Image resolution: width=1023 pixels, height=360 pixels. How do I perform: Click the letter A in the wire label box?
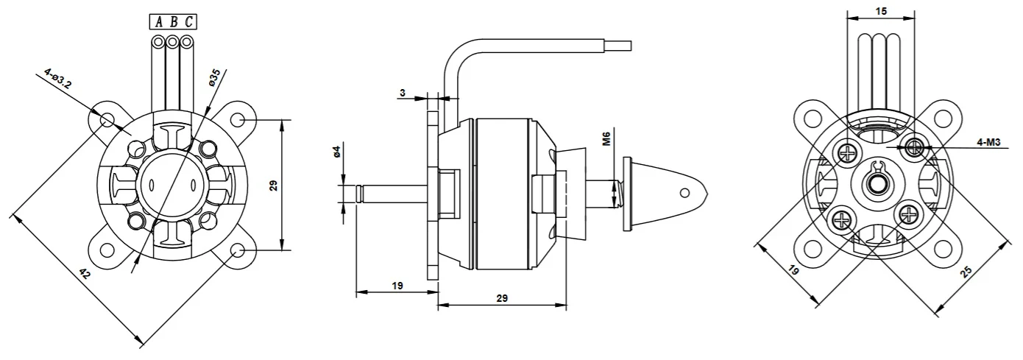[159, 22]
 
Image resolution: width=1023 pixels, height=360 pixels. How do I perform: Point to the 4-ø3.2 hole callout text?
[58, 78]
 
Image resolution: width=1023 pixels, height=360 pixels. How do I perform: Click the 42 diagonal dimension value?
[85, 274]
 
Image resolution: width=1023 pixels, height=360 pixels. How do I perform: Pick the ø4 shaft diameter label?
[337, 151]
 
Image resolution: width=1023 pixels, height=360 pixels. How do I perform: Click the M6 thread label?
[606, 138]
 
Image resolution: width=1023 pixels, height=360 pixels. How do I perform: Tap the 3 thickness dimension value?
[403, 93]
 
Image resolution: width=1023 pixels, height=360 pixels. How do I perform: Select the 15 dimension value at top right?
[881, 10]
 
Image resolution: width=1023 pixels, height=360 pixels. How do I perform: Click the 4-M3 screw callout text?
[988, 142]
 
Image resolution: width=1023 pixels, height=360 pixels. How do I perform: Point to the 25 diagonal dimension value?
[966, 272]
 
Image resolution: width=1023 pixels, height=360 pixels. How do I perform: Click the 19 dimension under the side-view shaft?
[397, 286]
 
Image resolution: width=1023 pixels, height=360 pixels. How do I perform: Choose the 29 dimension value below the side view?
[502, 298]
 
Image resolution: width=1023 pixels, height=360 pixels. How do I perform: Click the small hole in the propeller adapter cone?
[684, 193]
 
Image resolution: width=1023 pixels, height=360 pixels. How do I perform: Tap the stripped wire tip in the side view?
[618, 46]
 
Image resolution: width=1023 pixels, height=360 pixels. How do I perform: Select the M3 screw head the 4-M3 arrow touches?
[914, 147]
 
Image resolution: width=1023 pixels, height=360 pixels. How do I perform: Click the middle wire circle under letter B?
[172, 42]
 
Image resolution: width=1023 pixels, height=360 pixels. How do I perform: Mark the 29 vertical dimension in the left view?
[273, 186]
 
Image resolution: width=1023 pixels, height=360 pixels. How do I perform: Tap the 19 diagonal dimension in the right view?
[793, 270]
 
